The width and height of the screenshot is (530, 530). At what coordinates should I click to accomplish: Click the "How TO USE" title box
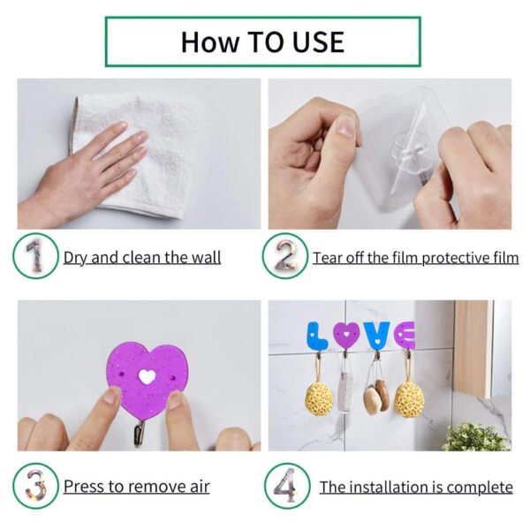(262, 42)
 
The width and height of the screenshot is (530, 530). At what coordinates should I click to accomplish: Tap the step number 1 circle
(35, 256)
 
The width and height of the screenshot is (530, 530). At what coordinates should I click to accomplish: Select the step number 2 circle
(285, 256)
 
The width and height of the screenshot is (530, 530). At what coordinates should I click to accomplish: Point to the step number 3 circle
(35, 486)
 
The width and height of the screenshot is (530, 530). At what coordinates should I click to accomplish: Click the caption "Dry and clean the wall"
(141, 258)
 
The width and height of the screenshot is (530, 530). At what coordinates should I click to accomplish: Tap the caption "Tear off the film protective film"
(415, 258)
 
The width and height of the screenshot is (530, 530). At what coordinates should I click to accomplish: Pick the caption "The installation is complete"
(415, 487)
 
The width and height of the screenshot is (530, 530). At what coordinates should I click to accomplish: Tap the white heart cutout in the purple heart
(147, 375)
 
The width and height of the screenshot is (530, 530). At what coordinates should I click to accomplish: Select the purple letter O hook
(347, 334)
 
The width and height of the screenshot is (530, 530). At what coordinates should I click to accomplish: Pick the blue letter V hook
(377, 334)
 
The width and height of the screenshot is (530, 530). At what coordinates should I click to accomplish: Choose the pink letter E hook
(405, 334)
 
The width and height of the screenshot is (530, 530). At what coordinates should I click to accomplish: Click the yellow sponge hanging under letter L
(319, 397)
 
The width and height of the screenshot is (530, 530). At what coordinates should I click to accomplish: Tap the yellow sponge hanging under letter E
(407, 398)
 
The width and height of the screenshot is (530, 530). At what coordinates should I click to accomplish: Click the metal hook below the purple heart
(140, 432)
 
